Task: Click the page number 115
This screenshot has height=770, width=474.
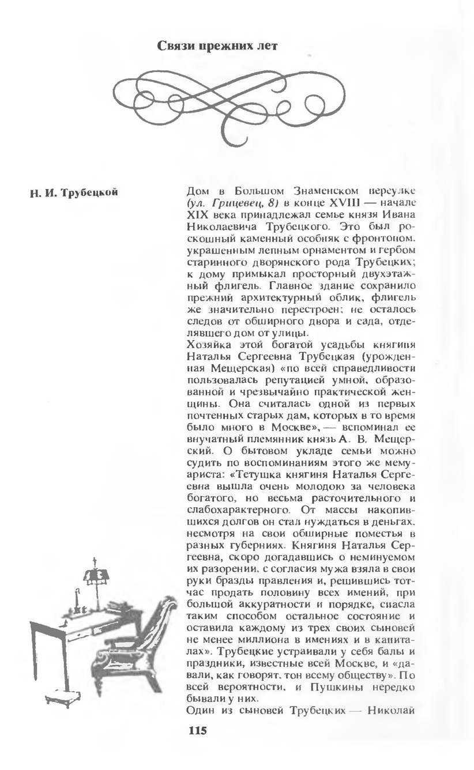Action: point(197,731)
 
